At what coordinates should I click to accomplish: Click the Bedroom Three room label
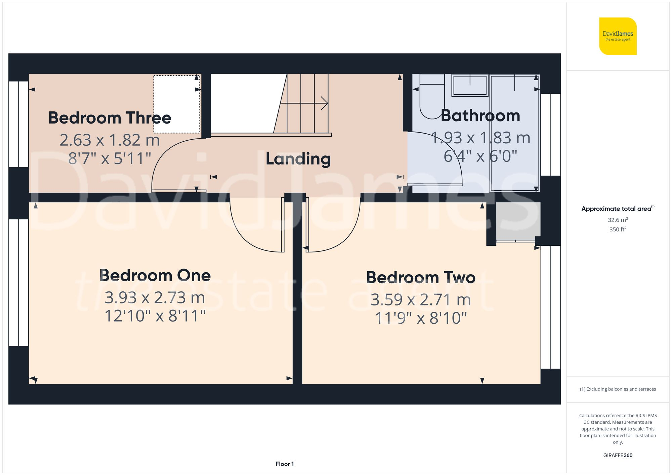[x=110, y=118]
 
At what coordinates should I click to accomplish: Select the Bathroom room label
[x=480, y=116]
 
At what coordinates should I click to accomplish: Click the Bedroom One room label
[x=155, y=276]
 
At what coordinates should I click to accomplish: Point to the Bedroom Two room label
[x=421, y=278]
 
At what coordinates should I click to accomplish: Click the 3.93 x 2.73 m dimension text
[x=155, y=298]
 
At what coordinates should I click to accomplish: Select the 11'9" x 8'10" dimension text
[x=421, y=318]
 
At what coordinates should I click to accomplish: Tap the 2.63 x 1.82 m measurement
[x=110, y=140]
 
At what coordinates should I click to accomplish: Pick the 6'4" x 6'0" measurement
[x=480, y=156]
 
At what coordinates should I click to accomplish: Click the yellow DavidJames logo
[x=618, y=36]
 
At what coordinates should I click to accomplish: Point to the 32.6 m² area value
[x=618, y=220]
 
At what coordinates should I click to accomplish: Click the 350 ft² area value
[x=618, y=229]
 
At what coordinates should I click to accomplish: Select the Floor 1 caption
[x=285, y=464]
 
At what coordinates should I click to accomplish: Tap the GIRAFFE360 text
[x=618, y=455]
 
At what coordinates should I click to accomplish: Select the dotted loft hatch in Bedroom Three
[x=177, y=104]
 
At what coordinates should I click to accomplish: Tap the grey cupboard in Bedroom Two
[x=518, y=220]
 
